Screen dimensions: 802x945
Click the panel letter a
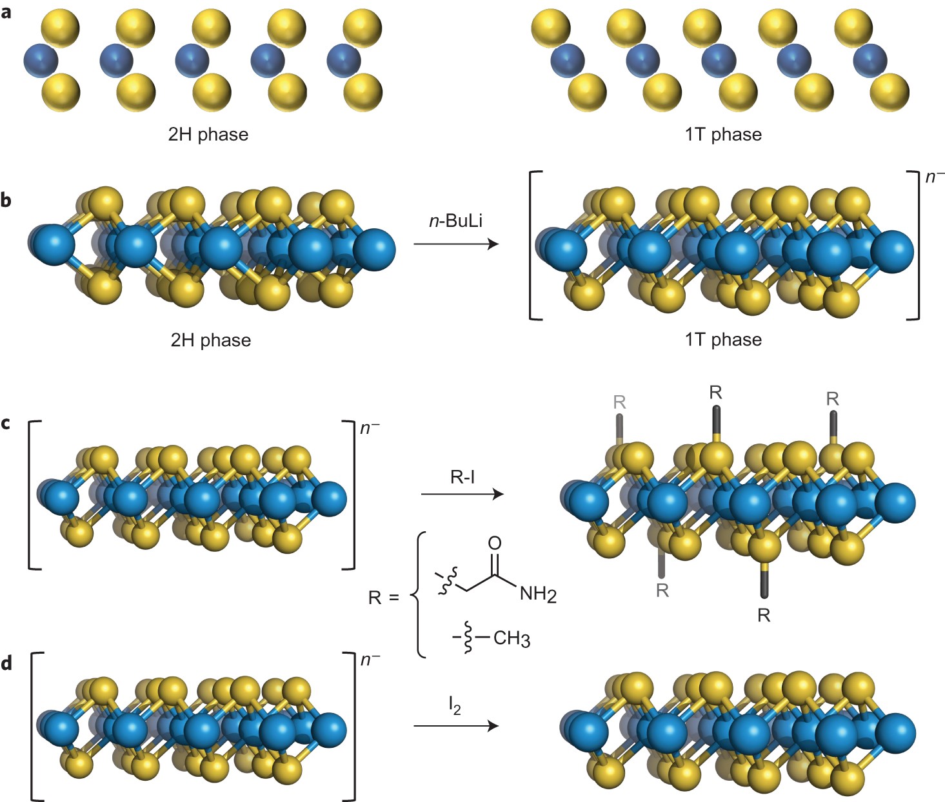(6, 12)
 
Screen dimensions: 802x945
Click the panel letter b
(6, 200)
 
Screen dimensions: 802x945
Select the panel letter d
(6, 664)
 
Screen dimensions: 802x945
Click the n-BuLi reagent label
(455, 221)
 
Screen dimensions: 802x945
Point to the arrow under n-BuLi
(456, 244)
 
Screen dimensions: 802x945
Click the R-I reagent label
(463, 477)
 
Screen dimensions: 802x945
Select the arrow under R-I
(462, 494)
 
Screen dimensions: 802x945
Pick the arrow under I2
(456, 726)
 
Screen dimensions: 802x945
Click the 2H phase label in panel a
(208, 134)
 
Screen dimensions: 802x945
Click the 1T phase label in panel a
(723, 134)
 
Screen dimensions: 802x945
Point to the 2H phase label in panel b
(210, 340)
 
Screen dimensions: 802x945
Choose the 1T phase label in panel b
(723, 339)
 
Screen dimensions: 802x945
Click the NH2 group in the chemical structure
(537, 594)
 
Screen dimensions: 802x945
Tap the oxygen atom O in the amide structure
(495, 543)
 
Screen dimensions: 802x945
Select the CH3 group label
(512, 639)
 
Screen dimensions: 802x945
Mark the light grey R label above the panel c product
(619, 402)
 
